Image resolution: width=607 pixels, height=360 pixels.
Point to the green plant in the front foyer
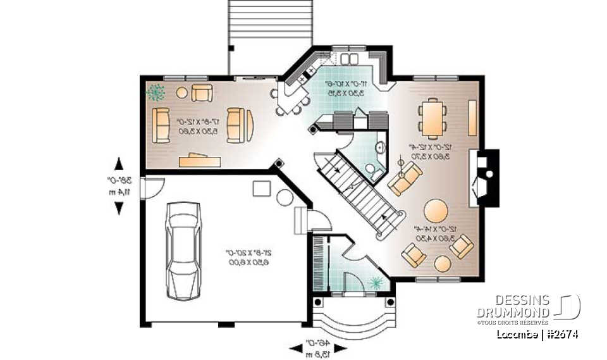click(377, 281)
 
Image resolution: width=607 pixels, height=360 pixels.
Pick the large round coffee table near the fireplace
click(436, 210)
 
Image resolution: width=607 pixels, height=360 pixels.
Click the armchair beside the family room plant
click(202, 93)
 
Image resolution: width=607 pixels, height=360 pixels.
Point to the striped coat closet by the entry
click(319, 263)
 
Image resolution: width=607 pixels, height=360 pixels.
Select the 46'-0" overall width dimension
click(317, 347)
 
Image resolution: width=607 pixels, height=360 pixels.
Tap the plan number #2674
click(561, 334)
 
